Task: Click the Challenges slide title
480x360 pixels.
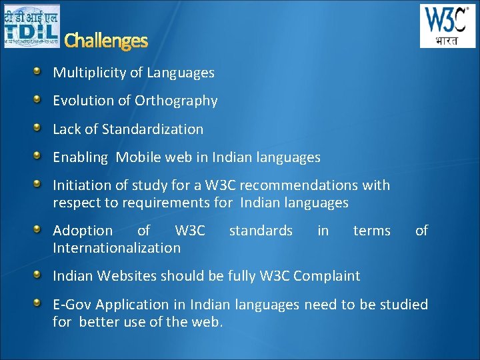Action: (x=106, y=41)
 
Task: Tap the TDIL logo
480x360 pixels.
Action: (x=31, y=26)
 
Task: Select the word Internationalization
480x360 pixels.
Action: (x=117, y=248)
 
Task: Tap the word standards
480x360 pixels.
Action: (x=261, y=231)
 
